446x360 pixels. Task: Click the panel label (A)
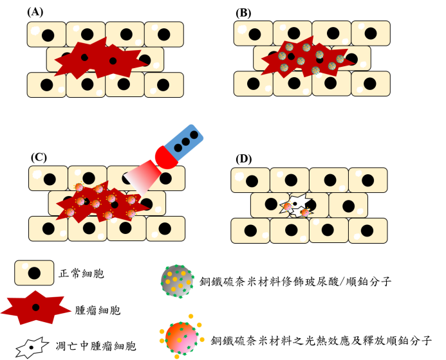(x=35, y=12)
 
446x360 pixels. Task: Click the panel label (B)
(x=243, y=13)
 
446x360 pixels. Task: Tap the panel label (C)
(x=39, y=157)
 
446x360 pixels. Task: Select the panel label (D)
(x=243, y=159)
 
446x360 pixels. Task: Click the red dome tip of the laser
(x=165, y=157)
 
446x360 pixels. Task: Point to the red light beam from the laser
(x=142, y=177)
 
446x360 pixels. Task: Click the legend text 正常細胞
(x=81, y=274)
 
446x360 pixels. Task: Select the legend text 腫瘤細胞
(x=98, y=310)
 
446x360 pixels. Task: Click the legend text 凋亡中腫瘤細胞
(x=95, y=346)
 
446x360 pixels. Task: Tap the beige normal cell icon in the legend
(x=34, y=273)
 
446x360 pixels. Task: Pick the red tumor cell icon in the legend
(x=35, y=307)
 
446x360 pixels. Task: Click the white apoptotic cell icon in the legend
(x=32, y=347)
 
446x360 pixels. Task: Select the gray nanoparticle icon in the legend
(x=178, y=282)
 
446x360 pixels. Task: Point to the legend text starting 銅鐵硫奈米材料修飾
(x=295, y=282)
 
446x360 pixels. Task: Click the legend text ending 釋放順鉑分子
(x=321, y=340)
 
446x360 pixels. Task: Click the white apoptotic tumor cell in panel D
(x=297, y=205)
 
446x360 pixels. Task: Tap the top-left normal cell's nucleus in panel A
(x=48, y=35)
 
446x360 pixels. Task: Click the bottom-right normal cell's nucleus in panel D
(x=367, y=231)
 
